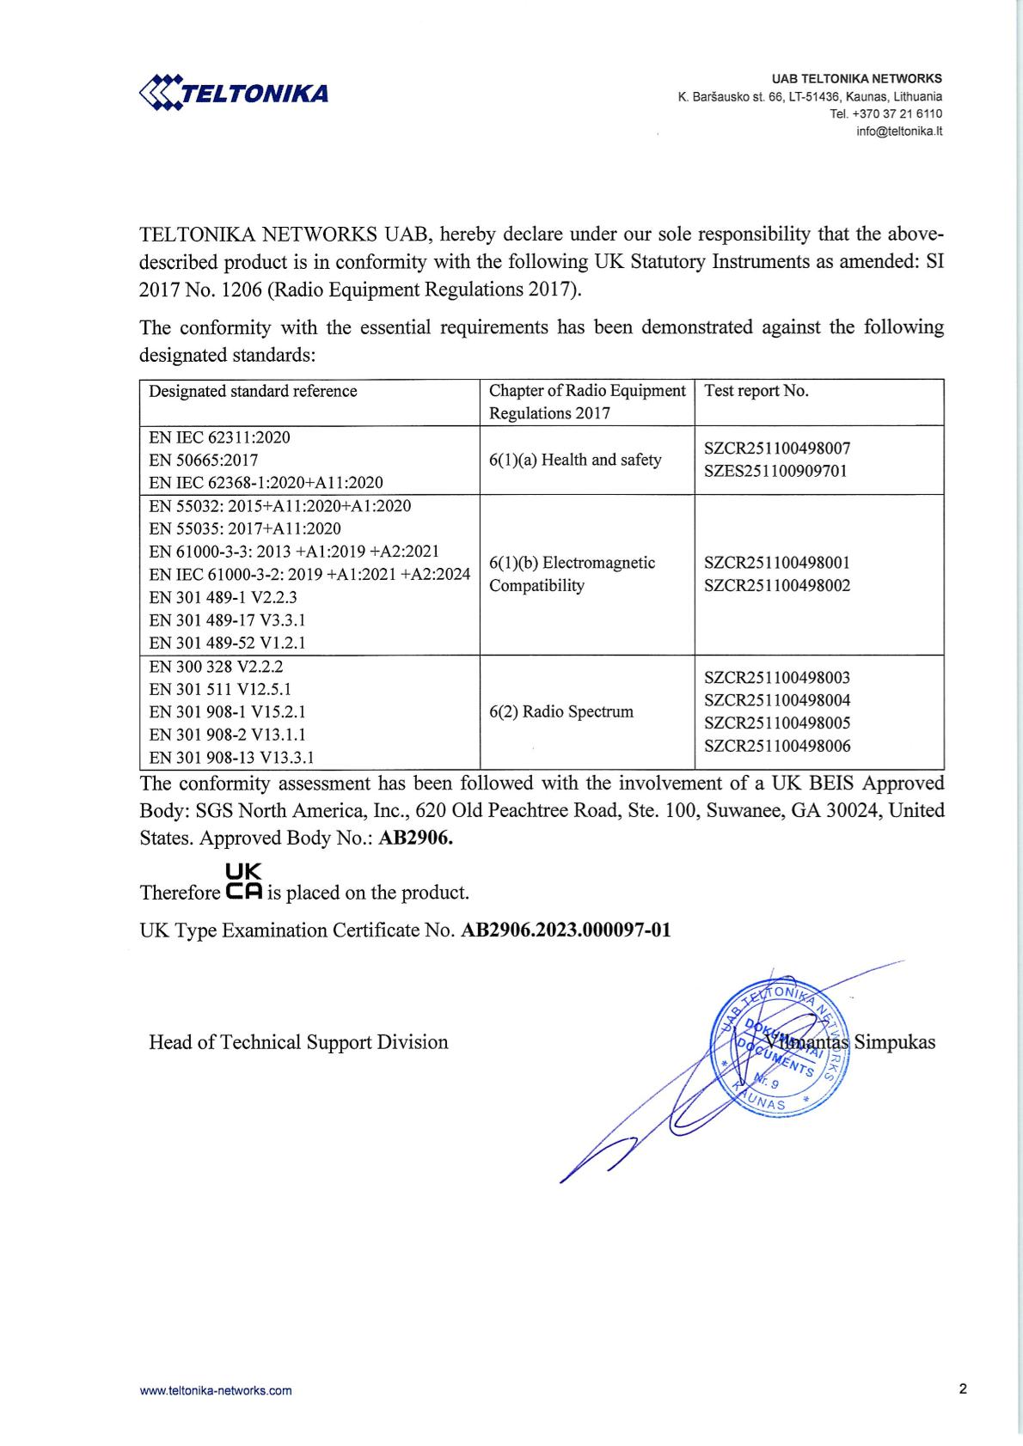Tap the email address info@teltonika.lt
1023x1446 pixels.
(899, 131)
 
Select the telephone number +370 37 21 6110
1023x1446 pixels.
(897, 114)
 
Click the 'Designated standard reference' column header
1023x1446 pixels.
(253, 392)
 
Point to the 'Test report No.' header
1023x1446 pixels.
(757, 392)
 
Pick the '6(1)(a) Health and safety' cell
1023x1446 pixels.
(575, 461)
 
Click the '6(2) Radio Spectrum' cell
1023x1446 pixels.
(561, 712)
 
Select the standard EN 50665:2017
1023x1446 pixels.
(204, 461)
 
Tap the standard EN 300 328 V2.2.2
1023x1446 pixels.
(216, 667)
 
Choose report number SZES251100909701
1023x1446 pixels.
(776, 472)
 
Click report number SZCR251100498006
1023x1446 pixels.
(777, 747)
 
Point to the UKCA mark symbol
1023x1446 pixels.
(244, 882)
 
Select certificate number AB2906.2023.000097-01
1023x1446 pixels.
(567, 930)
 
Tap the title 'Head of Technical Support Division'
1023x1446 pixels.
(298, 1043)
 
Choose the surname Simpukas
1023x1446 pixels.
(895, 1043)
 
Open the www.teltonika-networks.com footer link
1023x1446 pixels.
(216, 1391)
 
